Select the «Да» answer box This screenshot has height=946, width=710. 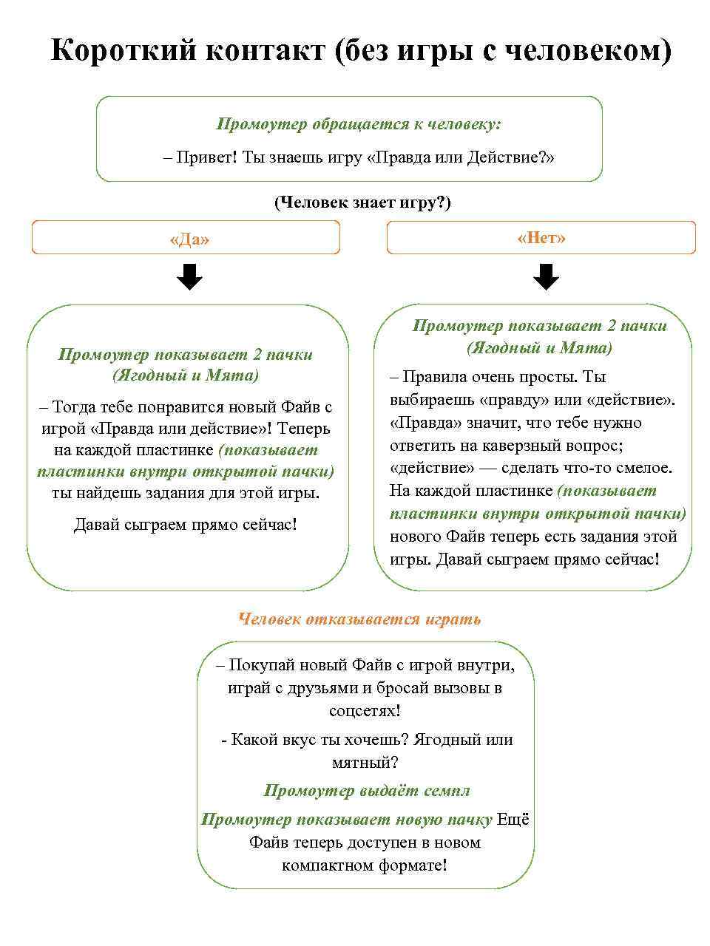(186, 239)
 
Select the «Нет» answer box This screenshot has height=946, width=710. (541, 238)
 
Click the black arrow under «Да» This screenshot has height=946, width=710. (190, 278)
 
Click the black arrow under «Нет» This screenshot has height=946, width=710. (546, 278)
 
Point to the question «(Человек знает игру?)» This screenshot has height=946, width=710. (362, 203)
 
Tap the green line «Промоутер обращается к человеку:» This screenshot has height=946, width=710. (359, 124)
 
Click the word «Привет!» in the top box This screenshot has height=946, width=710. (206, 157)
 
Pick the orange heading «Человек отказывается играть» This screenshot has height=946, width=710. (359, 619)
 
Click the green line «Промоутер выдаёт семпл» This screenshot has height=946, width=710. (366, 791)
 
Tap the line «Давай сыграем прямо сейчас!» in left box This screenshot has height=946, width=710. (186, 525)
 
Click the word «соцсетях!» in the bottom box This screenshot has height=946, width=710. (365, 711)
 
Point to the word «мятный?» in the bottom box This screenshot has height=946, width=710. (365, 762)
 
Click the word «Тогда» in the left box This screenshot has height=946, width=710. (72, 406)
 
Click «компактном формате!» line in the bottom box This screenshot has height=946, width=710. (364, 865)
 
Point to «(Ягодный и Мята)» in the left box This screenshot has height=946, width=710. (186, 375)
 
